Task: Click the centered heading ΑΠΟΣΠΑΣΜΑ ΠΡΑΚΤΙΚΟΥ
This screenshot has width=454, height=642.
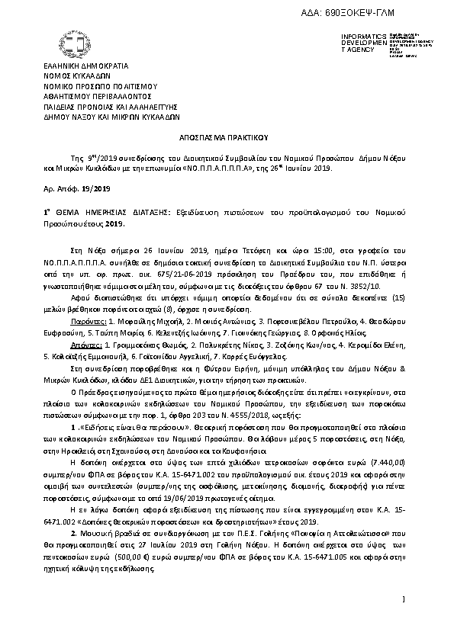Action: point(227,140)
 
